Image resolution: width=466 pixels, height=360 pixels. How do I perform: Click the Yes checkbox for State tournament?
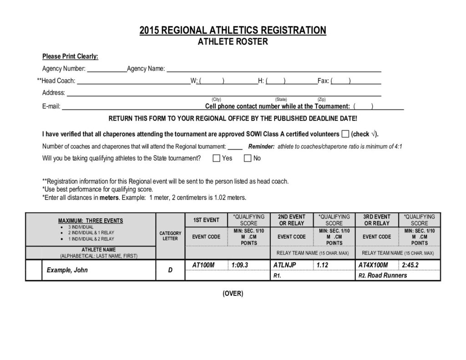tap(217, 158)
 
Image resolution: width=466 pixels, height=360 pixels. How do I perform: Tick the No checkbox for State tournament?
tap(248, 158)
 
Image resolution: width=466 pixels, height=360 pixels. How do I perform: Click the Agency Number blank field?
tap(106, 69)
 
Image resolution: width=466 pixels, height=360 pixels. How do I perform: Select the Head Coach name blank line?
tap(133, 81)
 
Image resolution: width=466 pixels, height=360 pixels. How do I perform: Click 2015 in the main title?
tap(150, 30)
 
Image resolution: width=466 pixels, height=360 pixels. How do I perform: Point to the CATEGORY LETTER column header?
tap(170, 236)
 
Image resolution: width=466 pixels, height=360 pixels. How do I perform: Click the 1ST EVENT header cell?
tap(206, 220)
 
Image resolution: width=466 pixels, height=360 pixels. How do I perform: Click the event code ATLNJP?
tap(285, 265)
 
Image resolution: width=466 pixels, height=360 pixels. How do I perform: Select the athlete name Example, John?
tap(67, 270)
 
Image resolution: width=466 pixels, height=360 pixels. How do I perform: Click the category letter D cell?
tap(170, 270)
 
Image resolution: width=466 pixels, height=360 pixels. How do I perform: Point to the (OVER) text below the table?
tap(233, 294)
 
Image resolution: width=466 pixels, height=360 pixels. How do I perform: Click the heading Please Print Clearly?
tap(70, 56)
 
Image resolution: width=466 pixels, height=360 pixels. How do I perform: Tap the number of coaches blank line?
tap(235, 147)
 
